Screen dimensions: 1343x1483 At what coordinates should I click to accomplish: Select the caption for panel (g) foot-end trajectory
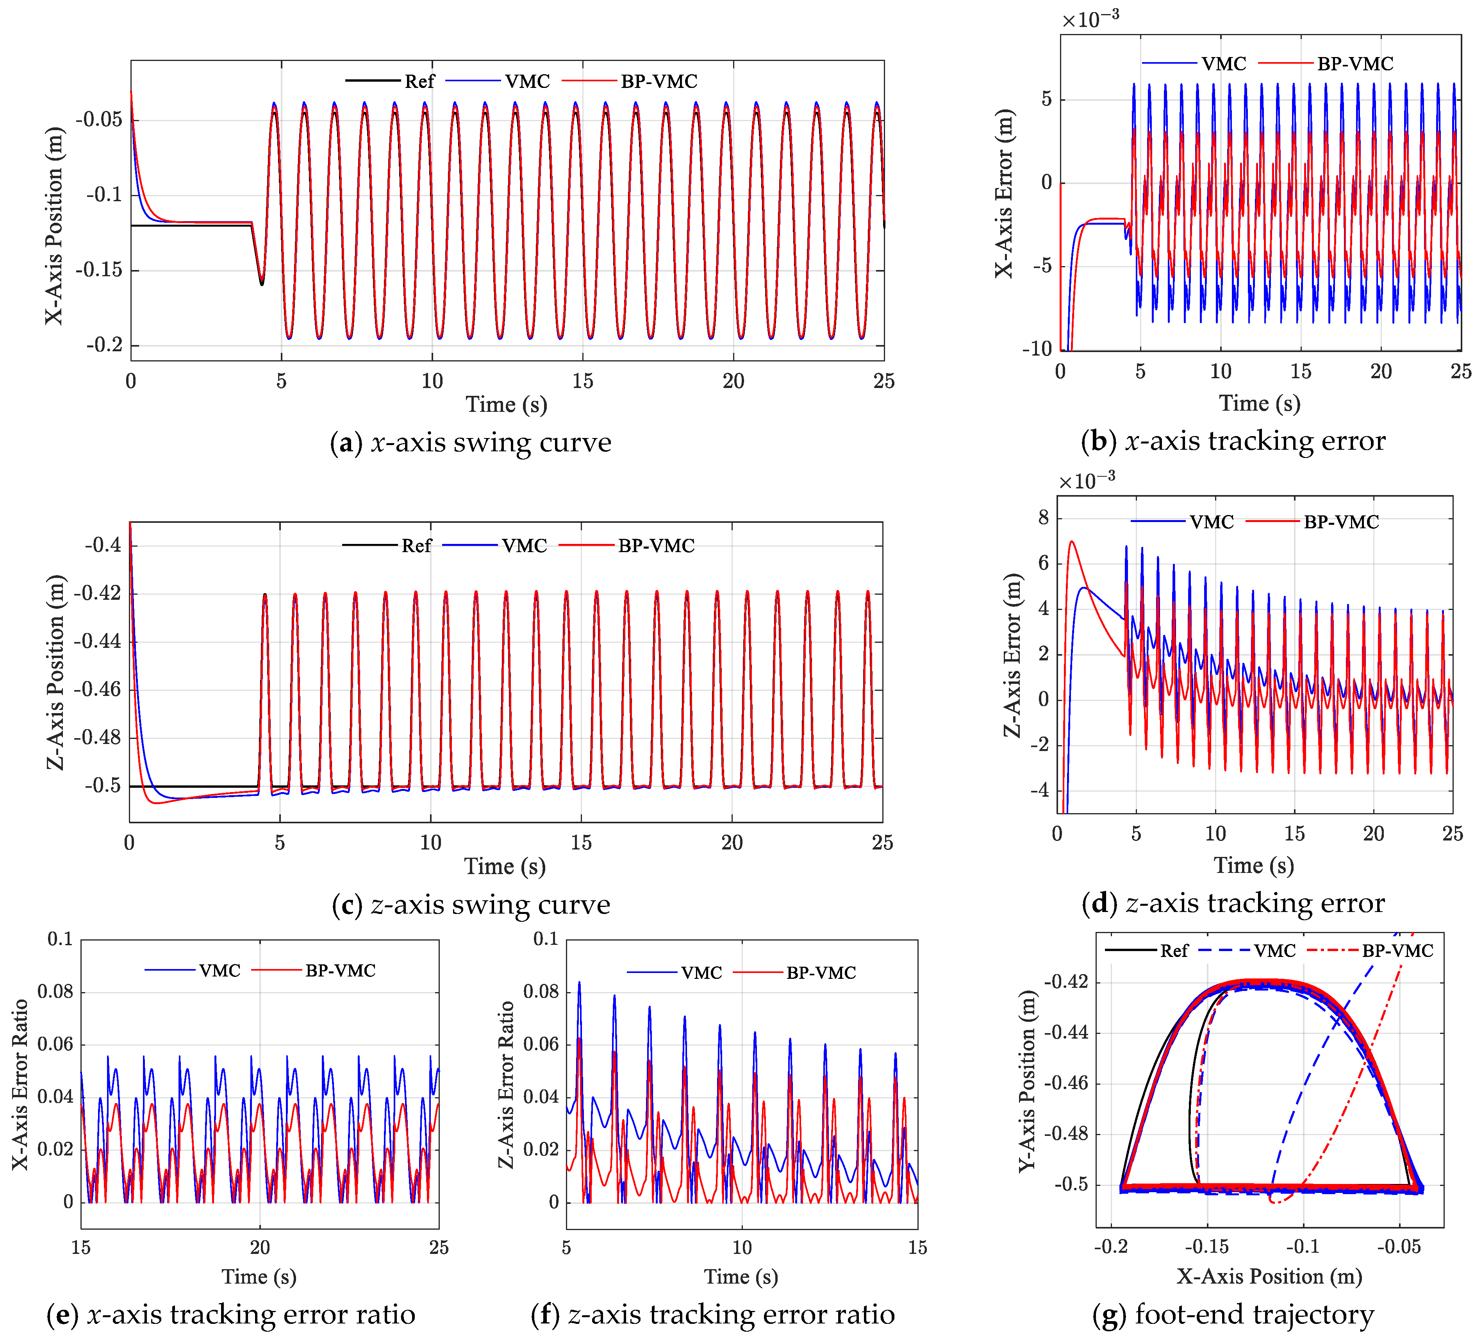click(x=1233, y=1314)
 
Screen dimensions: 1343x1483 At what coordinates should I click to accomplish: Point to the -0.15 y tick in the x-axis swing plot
click(x=98, y=270)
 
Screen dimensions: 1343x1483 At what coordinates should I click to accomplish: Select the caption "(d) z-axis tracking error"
click(x=1233, y=903)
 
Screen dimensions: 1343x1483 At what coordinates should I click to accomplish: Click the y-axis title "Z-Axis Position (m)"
click(x=55, y=672)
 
